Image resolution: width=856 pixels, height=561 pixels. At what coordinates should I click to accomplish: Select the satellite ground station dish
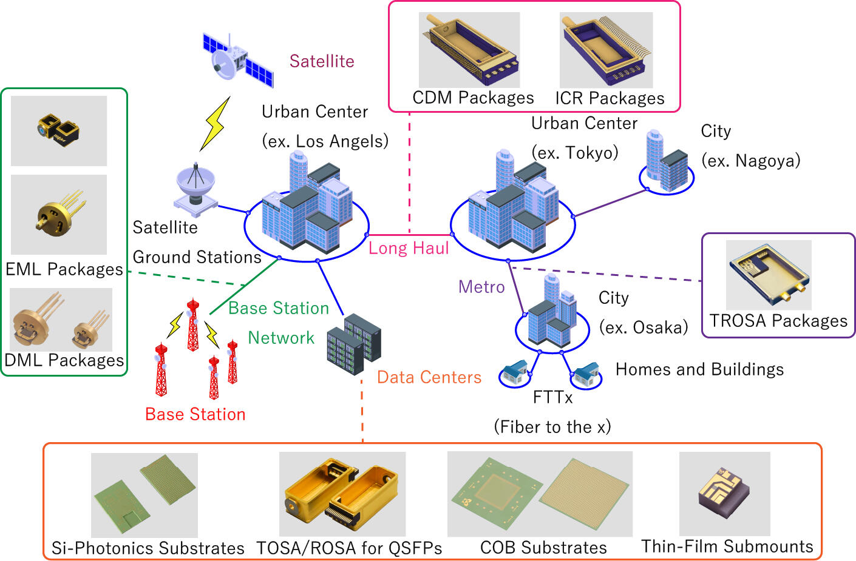(195, 188)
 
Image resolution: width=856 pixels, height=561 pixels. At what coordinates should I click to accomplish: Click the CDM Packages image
(469, 50)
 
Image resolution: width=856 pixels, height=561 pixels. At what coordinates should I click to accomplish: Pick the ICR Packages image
(606, 50)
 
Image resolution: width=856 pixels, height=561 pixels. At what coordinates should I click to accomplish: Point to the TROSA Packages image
(769, 275)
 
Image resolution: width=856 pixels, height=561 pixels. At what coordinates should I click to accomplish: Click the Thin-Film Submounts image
(724, 492)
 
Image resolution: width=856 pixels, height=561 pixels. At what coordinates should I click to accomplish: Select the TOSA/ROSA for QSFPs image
(342, 493)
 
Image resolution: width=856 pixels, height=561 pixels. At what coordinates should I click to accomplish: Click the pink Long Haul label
(409, 248)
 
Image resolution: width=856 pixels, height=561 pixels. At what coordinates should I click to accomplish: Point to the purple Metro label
(481, 287)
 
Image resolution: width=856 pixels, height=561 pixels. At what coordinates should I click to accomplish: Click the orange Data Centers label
(429, 377)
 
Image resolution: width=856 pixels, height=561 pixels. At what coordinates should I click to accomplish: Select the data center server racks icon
(353, 344)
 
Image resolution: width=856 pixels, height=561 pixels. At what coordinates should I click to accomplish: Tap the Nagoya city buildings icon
(667, 161)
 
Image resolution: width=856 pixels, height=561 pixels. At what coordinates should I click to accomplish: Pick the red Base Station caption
(195, 414)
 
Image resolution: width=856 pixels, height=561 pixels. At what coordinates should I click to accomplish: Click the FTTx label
(552, 397)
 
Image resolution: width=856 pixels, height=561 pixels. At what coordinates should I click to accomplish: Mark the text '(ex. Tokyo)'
(575, 152)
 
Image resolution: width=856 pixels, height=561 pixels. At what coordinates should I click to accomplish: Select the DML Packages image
(61, 319)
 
